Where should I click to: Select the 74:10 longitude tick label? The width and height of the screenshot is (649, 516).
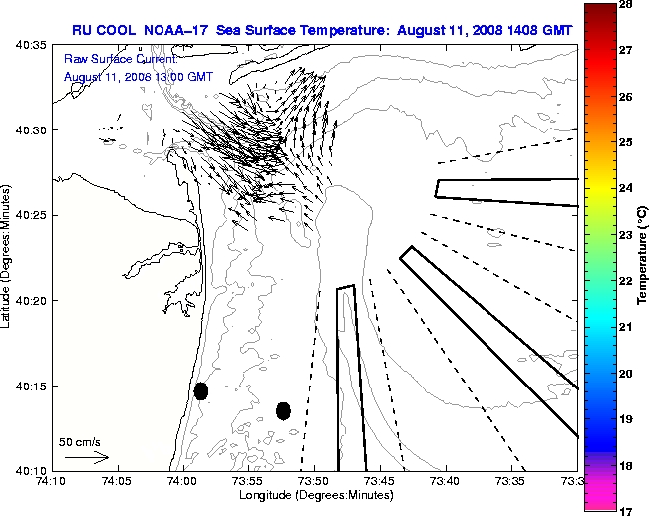[51, 481]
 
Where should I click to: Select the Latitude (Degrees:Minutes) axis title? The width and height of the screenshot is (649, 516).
[8, 258]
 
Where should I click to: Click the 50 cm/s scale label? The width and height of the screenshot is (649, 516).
[81, 441]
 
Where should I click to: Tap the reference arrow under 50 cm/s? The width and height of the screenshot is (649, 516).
[86, 457]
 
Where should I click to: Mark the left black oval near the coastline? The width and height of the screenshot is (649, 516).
[201, 390]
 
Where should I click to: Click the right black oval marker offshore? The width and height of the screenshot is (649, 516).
[283, 410]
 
